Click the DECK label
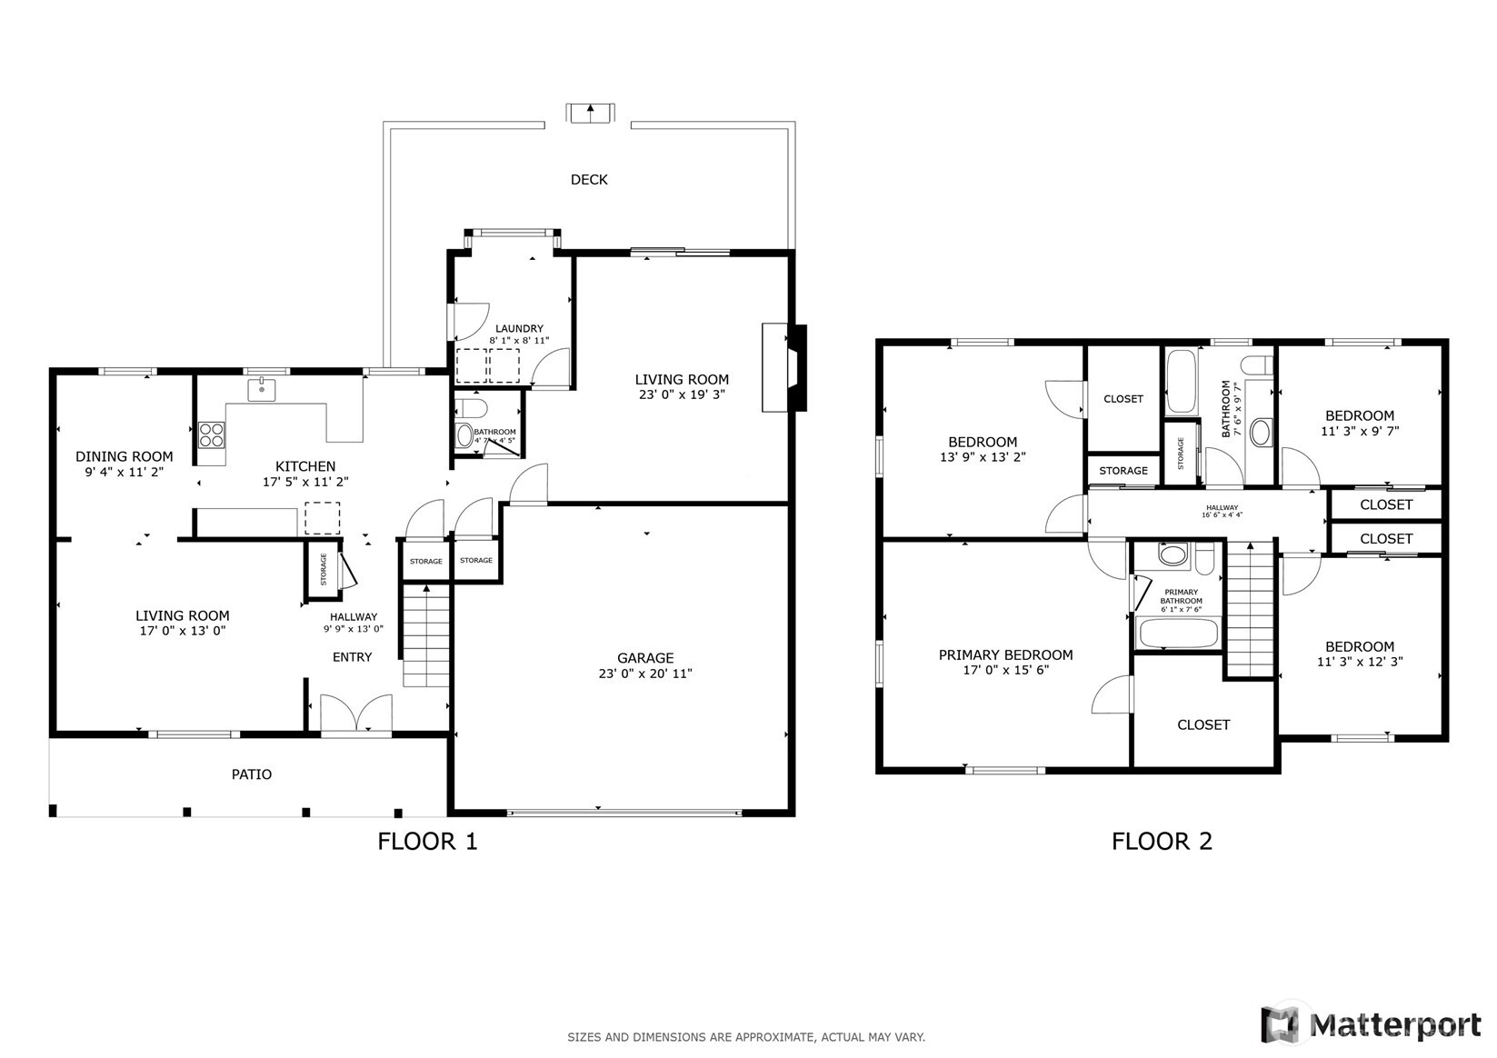pyautogui.click(x=589, y=179)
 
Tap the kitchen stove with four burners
pyautogui.click(x=212, y=434)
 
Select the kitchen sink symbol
pyautogui.click(x=261, y=390)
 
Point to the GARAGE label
pyautogui.click(x=645, y=658)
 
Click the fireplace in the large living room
pyautogui.click(x=784, y=367)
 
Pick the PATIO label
pyautogui.click(x=251, y=774)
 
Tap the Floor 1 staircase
pyautogui.click(x=425, y=635)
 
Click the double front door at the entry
pyautogui.click(x=356, y=714)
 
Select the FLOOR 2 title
pyautogui.click(x=1162, y=841)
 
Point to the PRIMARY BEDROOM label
pyautogui.click(x=1006, y=655)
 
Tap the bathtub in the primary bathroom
pyautogui.click(x=1178, y=633)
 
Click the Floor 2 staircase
pyautogui.click(x=1250, y=610)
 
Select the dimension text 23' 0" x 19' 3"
pyautogui.click(x=682, y=394)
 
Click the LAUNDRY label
pyautogui.click(x=519, y=328)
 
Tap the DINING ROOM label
pyautogui.click(x=125, y=456)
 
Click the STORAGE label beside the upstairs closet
pyautogui.click(x=1123, y=471)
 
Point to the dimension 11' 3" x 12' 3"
pyautogui.click(x=1360, y=662)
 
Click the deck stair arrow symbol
pyautogui.click(x=590, y=113)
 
